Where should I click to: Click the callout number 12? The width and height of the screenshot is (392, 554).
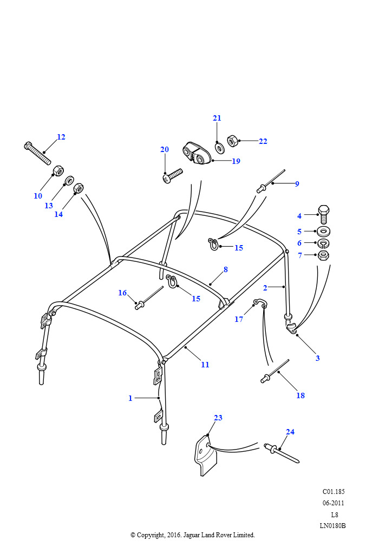(61, 137)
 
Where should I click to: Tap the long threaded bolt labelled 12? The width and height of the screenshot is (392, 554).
(37, 153)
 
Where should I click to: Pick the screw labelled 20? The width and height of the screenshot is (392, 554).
(173, 175)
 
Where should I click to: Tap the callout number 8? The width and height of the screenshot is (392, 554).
(225, 269)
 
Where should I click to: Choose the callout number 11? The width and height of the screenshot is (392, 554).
(205, 365)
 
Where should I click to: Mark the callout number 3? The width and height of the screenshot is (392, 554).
(317, 358)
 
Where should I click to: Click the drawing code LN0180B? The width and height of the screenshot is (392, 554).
(332, 525)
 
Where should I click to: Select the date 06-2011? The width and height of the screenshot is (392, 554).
(333, 503)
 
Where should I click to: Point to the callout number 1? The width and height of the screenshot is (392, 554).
(130, 398)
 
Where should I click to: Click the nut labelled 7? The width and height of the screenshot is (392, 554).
(323, 255)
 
